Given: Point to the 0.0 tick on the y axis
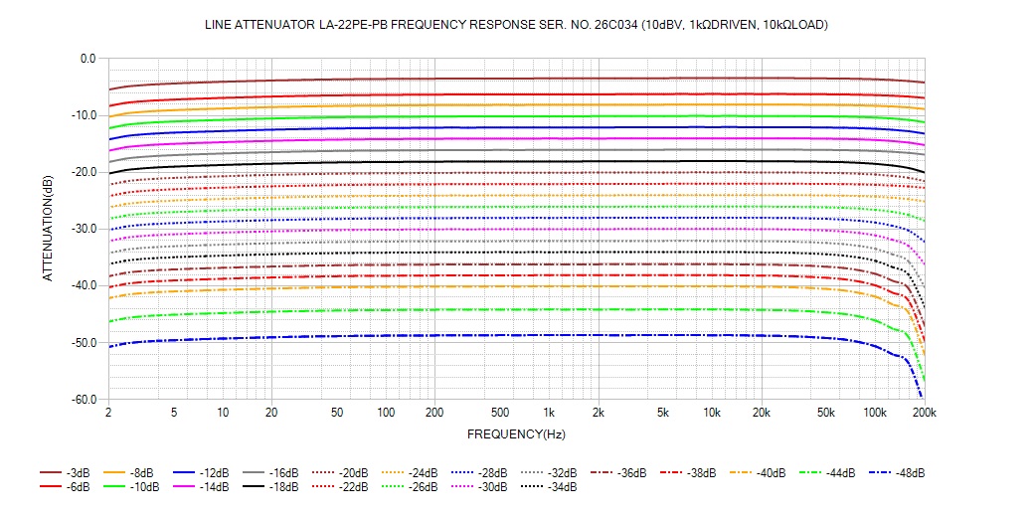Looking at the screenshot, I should (x=87, y=59).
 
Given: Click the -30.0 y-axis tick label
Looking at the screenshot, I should (x=84, y=229).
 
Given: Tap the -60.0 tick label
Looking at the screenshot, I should (x=84, y=400).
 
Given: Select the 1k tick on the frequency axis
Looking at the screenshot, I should (x=549, y=413).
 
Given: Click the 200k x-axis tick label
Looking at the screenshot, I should (x=925, y=413).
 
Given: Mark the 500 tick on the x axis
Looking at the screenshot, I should (x=500, y=413).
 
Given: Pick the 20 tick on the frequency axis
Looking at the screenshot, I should (x=270, y=413).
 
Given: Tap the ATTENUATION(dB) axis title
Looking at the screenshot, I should (x=48, y=229).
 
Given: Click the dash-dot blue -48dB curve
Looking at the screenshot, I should (x=497, y=336).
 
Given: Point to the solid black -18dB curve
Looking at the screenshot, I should (x=497, y=162).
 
